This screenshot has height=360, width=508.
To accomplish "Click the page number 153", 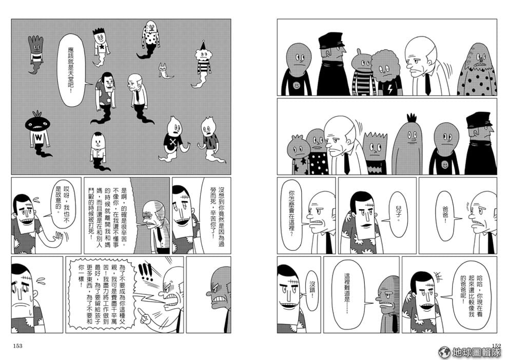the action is tap(18, 346).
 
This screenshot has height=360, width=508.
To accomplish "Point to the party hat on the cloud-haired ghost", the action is tap(203, 45).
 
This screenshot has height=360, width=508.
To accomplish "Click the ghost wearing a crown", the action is tap(101, 47).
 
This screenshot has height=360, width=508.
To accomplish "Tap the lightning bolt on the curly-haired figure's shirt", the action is tap(390, 88).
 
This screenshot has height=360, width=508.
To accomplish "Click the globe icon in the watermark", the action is tap(444, 352).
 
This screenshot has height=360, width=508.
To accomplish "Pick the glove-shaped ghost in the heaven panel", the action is tap(36, 54).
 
